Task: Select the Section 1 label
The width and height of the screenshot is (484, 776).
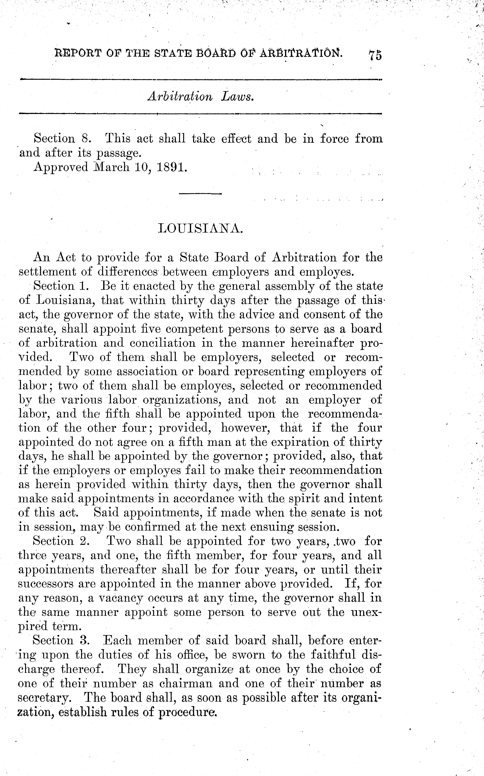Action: coord(63,286)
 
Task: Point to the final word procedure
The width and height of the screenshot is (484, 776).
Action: coord(188,712)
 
